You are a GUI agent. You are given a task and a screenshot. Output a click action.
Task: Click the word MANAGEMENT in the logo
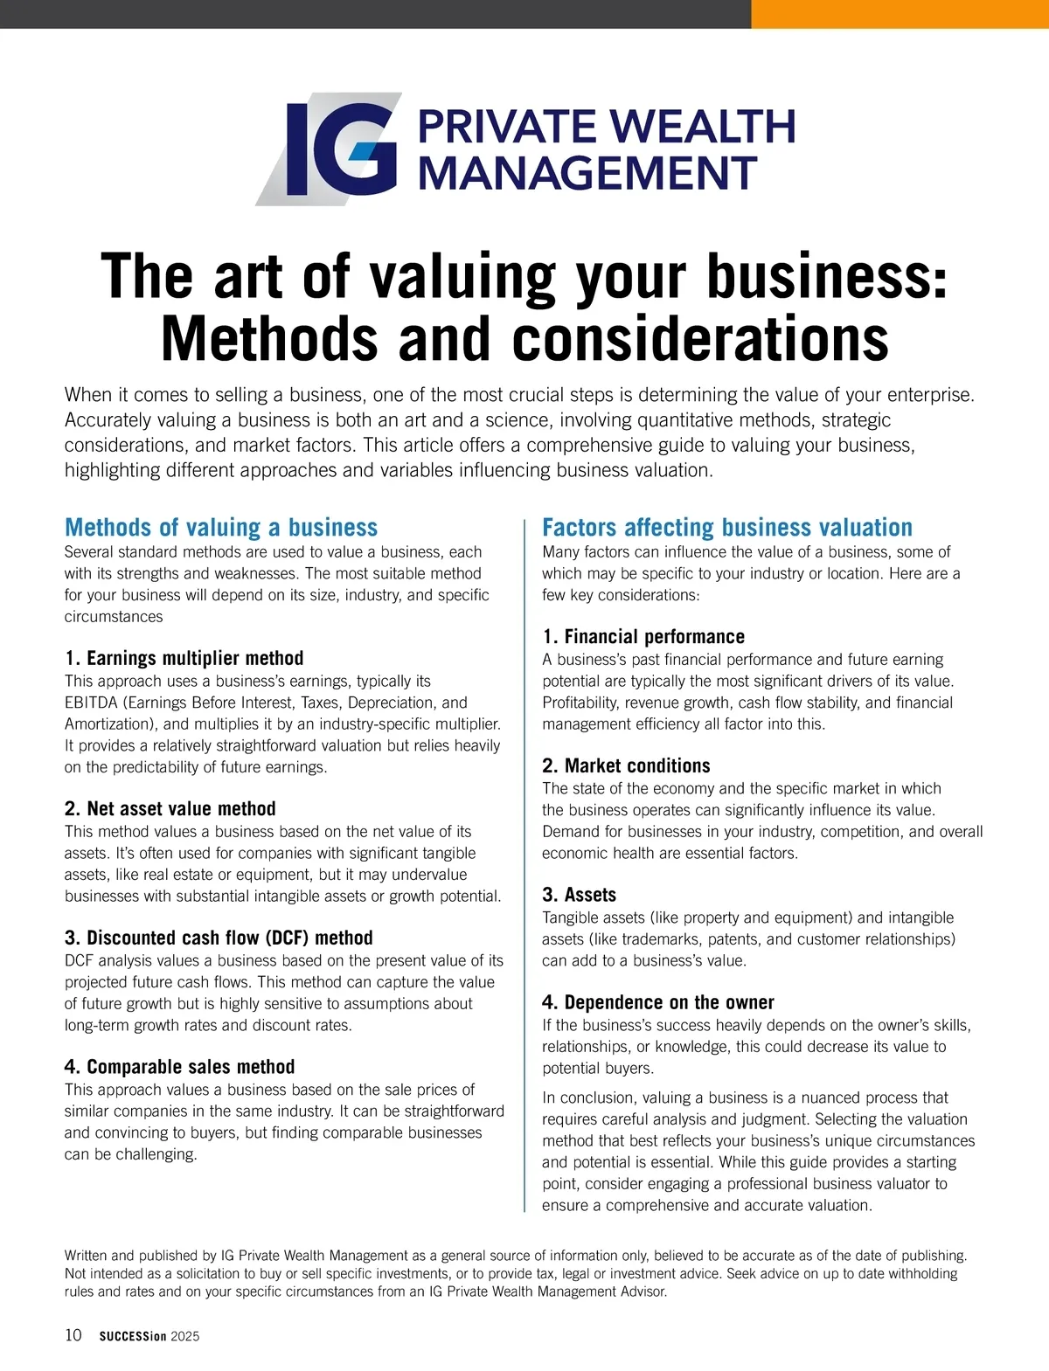tap(587, 173)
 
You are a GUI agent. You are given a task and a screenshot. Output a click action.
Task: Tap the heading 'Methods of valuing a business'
tap(221, 527)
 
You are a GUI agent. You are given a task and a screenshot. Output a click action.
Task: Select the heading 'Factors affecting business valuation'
tap(726, 527)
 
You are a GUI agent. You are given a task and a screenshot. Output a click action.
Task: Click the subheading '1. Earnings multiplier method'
tap(184, 658)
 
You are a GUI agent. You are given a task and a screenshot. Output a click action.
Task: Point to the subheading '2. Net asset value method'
tap(170, 808)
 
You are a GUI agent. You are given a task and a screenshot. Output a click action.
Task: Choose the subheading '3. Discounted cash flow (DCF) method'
tap(219, 938)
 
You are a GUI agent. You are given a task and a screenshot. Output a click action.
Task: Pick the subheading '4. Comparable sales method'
tap(179, 1067)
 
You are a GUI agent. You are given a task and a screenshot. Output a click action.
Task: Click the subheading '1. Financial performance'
tap(643, 636)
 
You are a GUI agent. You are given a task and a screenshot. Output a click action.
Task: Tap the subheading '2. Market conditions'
tap(626, 765)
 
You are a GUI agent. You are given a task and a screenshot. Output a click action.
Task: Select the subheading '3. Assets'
tap(579, 895)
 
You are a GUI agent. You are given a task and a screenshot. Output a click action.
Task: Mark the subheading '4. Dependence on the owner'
tap(657, 1002)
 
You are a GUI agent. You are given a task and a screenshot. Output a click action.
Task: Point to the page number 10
tap(73, 1334)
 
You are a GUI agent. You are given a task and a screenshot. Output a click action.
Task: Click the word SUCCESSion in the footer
tap(132, 1336)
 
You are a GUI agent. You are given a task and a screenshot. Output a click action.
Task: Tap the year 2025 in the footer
tap(185, 1336)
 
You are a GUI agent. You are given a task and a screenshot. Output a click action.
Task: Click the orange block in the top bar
tap(900, 14)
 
